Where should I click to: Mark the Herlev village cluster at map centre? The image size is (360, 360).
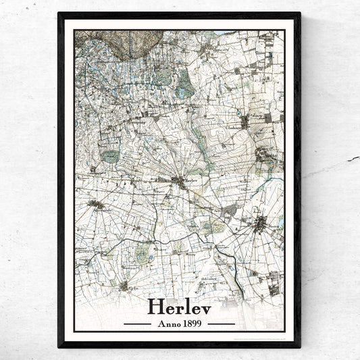click(x=180, y=180)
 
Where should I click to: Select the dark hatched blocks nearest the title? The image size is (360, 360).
click(x=273, y=288)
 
